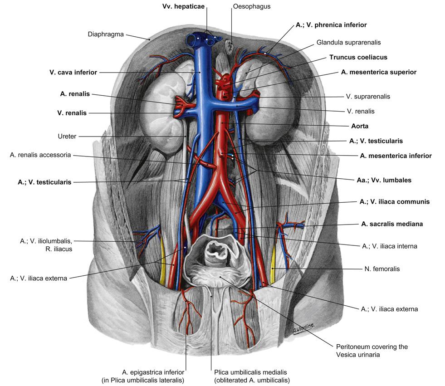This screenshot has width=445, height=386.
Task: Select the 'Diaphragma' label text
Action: tap(106, 34)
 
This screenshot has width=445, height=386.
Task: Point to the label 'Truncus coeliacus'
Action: tap(358, 58)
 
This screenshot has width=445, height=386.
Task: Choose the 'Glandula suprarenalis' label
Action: tap(349, 42)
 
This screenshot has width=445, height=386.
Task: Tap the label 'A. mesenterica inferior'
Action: tap(396, 156)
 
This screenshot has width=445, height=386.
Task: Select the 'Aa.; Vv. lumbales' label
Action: tap(384, 180)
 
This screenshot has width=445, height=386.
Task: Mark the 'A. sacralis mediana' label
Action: tap(393, 224)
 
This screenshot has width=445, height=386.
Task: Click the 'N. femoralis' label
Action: tap(382, 269)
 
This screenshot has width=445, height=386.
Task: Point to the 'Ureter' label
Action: tap(67, 136)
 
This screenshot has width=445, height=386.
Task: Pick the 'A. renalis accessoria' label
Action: tap(40, 155)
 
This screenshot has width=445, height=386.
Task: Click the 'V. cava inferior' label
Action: tap(73, 72)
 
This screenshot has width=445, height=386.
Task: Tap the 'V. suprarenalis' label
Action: tap(368, 96)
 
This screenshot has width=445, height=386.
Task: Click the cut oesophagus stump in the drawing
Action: tap(230, 45)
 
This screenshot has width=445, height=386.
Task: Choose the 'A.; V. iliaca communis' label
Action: tap(394, 201)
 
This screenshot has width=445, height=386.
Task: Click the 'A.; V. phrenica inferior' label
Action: tap(331, 25)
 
